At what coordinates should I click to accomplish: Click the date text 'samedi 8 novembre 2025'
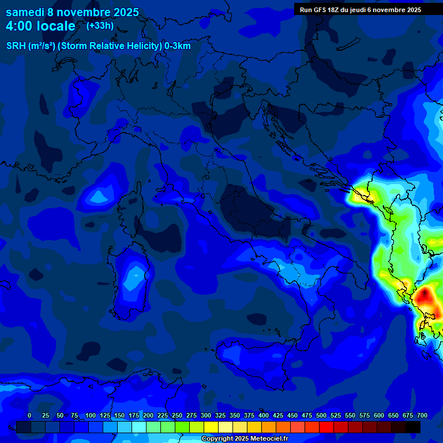72,12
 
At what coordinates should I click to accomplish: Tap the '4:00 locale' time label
40,26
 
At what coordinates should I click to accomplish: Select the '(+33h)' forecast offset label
100,25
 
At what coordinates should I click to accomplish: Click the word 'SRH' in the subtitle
16,46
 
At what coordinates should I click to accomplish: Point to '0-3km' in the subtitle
178,46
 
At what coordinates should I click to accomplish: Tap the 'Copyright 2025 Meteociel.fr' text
244,439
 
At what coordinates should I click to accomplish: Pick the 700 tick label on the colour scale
422,415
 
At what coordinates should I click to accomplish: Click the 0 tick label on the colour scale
29,415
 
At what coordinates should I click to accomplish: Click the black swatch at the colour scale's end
413,427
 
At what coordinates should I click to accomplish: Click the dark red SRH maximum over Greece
425,296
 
